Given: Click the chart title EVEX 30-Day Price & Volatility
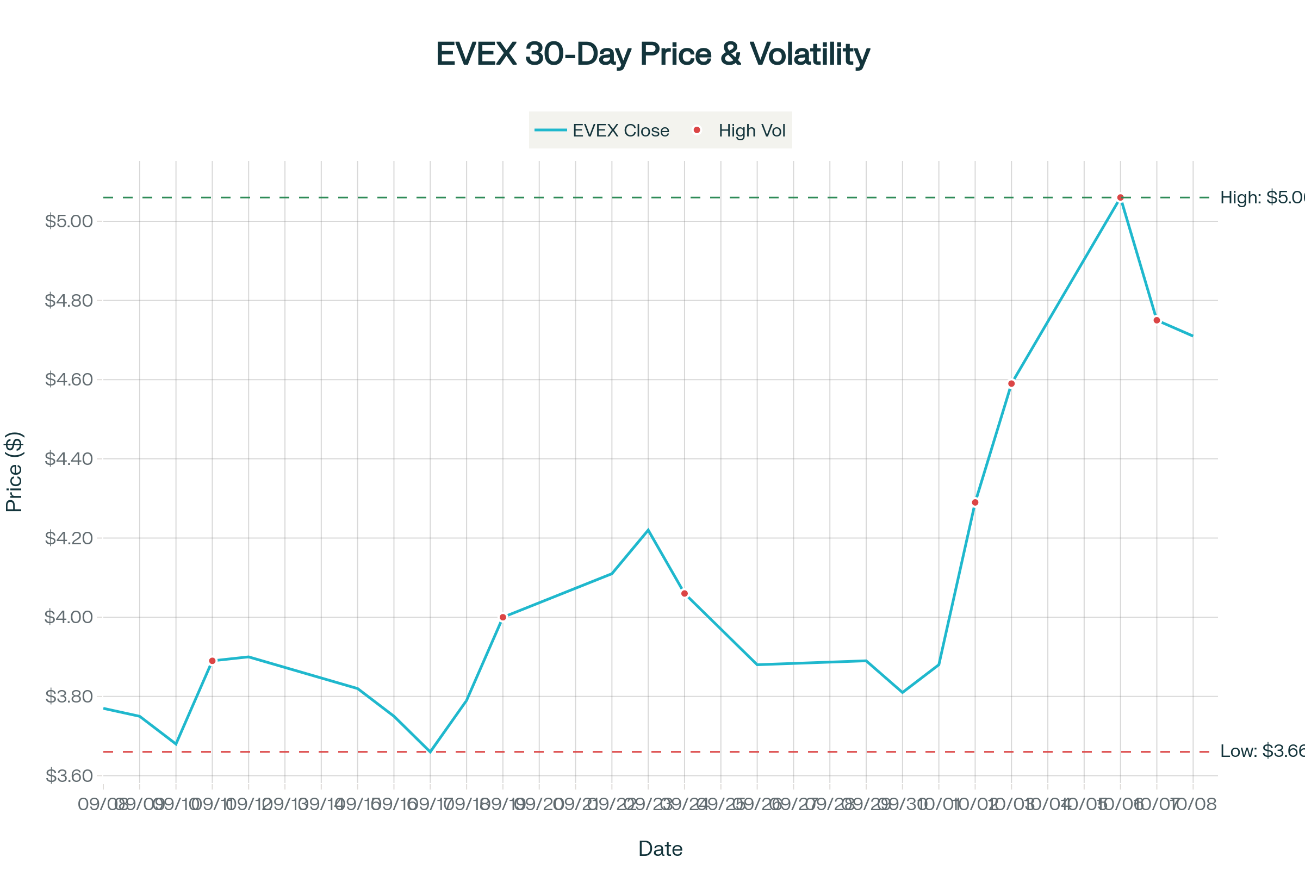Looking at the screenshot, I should pyautogui.click(x=652, y=54).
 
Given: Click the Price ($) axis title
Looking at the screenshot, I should pyautogui.click(x=14, y=472).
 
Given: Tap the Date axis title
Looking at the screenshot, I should pyautogui.click(x=660, y=849).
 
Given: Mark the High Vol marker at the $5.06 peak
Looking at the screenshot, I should pyautogui.click(x=1120, y=197).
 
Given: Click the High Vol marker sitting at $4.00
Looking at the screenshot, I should pyautogui.click(x=502, y=617).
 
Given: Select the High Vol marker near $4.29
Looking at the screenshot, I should pyautogui.click(x=975, y=502).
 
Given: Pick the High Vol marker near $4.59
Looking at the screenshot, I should pyautogui.click(x=1011, y=384).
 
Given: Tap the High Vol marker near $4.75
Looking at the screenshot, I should pyautogui.click(x=1157, y=320).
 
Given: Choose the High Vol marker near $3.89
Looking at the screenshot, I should pyautogui.click(x=212, y=661).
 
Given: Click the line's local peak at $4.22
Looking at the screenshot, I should pyautogui.click(x=648, y=530).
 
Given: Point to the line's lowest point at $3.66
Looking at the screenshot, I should pyautogui.click(x=430, y=752).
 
